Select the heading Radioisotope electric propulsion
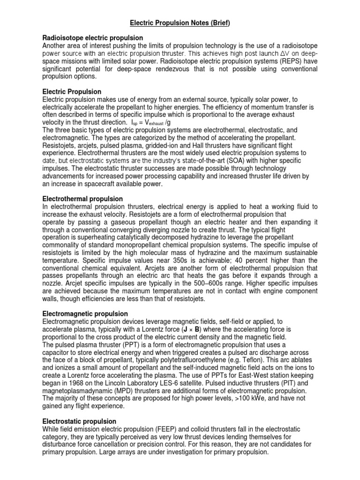(93, 37)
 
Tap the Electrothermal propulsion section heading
(82, 199)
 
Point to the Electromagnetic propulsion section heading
(85, 313)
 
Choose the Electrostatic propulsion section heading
(80, 421)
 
